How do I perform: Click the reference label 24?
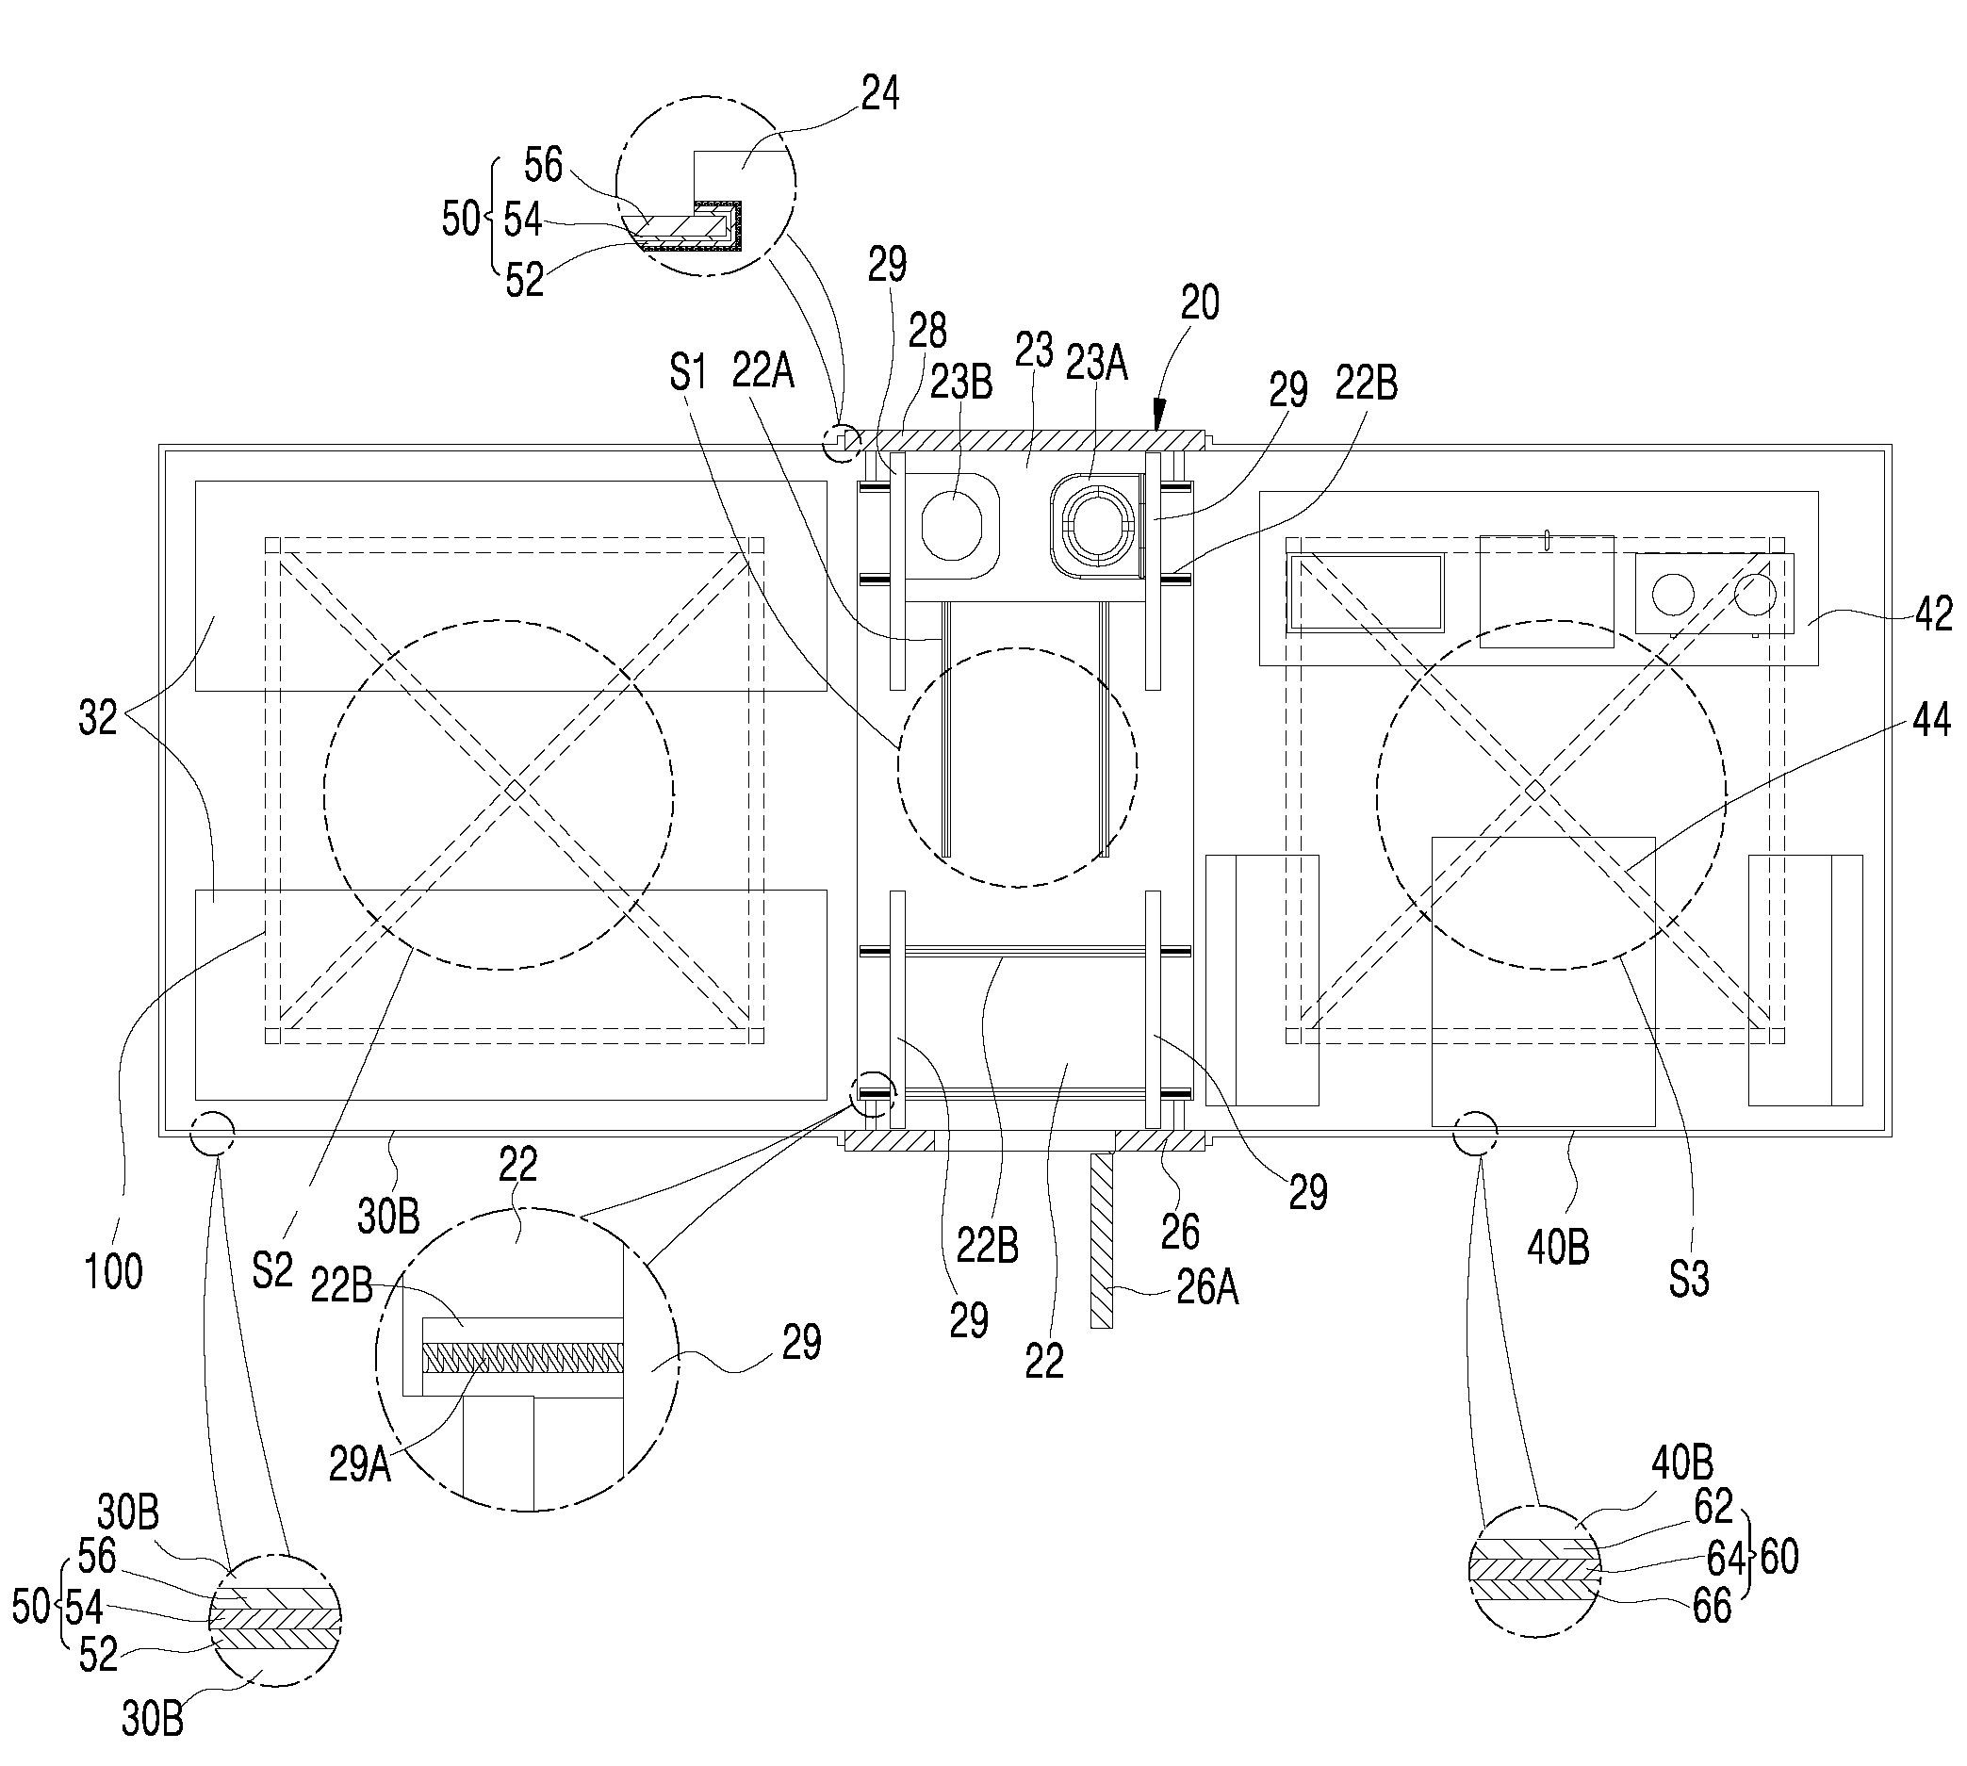(880, 94)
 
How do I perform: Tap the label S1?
(688, 372)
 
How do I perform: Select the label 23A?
(1096, 364)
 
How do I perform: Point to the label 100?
(114, 1271)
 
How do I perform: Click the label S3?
(1689, 1279)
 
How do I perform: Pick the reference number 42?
(1933, 614)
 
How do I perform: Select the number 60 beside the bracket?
(1778, 1558)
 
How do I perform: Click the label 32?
(98, 718)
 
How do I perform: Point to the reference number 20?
(1200, 303)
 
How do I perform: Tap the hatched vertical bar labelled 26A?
(1102, 1239)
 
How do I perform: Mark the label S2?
(271, 1271)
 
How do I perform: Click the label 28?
(927, 331)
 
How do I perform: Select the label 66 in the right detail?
(1712, 1606)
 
